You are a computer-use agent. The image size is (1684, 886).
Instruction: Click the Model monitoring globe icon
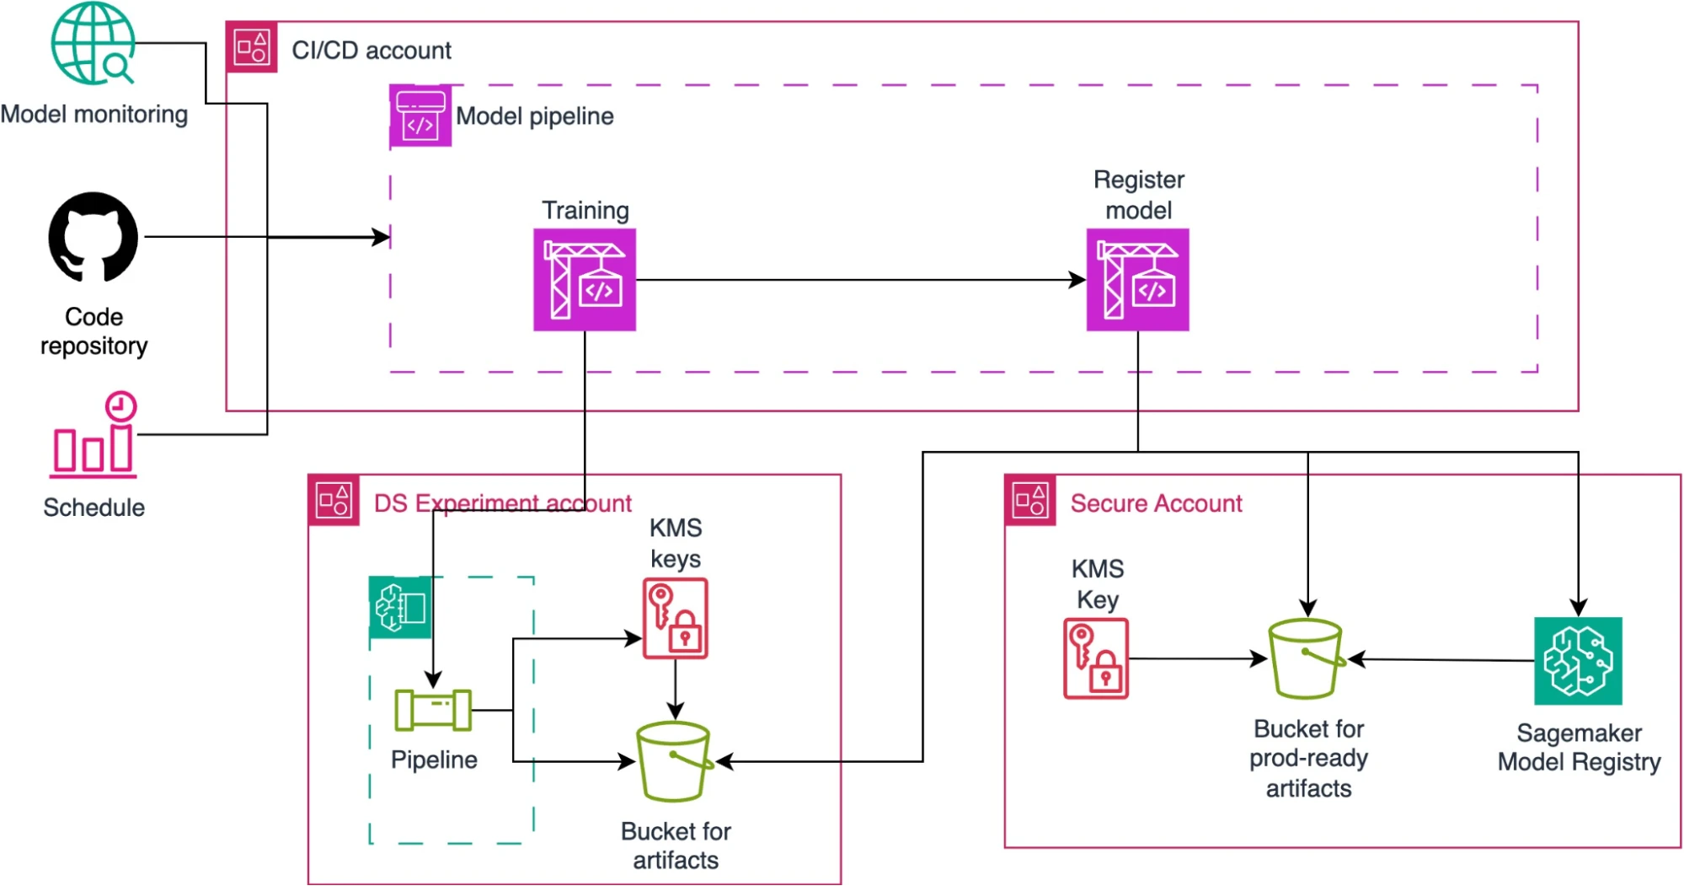(93, 44)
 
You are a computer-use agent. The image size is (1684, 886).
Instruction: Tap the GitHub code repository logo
(94, 237)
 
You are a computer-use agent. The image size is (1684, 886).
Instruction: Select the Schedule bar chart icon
(94, 435)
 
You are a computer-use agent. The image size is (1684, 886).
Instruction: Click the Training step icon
(585, 280)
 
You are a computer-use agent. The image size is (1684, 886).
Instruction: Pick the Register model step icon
(1137, 280)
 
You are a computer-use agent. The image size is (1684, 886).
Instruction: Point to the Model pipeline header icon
(420, 116)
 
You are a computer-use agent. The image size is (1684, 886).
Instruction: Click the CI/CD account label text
(372, 51)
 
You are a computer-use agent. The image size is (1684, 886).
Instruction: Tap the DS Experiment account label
(502, 503)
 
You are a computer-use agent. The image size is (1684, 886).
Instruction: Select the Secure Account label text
(1156, 503)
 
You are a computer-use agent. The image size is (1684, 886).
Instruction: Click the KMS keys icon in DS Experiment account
(676, 618)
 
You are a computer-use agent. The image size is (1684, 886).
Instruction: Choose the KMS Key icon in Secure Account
(1096, 658)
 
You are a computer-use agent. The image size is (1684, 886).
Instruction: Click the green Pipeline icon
(433, 710)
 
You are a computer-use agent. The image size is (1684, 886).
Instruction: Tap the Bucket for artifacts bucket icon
(674, 761)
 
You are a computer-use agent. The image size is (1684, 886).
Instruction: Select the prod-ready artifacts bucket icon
(1307, 658)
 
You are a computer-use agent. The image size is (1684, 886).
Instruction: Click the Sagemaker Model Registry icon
(1578, 661)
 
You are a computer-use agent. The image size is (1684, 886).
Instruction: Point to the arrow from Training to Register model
(859, 280)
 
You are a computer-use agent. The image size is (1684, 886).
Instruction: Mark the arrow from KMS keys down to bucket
(676, 689)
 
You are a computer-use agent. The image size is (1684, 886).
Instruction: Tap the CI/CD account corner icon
(252, 47)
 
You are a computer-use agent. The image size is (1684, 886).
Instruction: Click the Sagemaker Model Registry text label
(1579, 748)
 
